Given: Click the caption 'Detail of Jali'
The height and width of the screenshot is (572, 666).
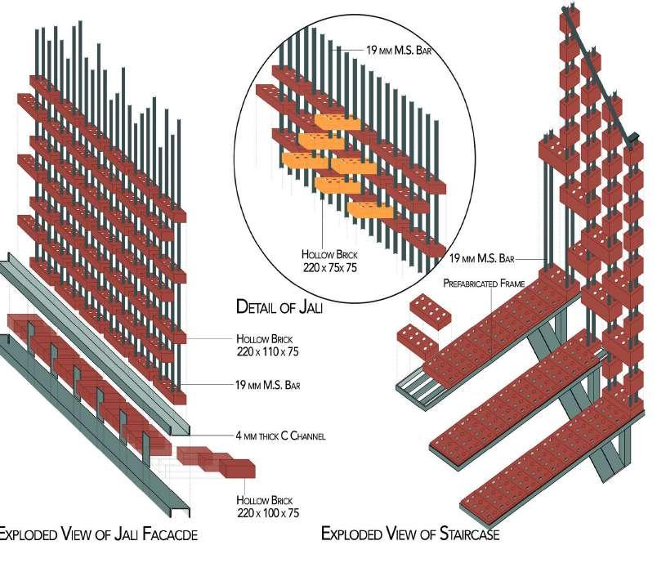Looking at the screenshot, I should [280, 307].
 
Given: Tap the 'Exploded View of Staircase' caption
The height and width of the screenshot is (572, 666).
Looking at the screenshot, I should [409, 534].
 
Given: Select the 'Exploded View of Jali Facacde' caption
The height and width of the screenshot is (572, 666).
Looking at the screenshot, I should [97, 534].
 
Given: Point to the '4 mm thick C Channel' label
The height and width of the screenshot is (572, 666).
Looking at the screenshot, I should [280, 436].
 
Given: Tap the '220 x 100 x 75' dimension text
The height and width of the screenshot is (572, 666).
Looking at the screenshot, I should [268, 512].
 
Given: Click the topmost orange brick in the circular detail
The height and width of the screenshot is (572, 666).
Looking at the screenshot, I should [337, 123].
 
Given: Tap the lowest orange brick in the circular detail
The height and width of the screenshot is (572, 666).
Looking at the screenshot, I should [369, 210].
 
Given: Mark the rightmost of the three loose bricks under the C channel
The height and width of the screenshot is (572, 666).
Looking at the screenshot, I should [238, 468].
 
